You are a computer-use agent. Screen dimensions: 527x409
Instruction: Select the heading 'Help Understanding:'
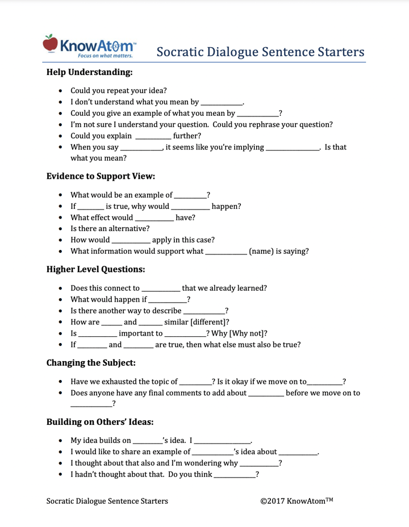coord(89,72)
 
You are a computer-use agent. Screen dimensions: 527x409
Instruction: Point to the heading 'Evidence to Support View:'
coord(101,176)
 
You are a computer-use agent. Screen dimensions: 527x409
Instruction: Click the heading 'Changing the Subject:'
coord(91,362)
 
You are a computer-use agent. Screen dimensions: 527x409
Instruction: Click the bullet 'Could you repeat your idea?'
coord(118,90)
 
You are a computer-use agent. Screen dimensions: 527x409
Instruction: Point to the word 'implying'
coord(247,147)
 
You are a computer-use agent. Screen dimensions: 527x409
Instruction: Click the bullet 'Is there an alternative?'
coord(110,228)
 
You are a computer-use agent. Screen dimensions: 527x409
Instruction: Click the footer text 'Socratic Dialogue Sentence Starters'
coord(107,501)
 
